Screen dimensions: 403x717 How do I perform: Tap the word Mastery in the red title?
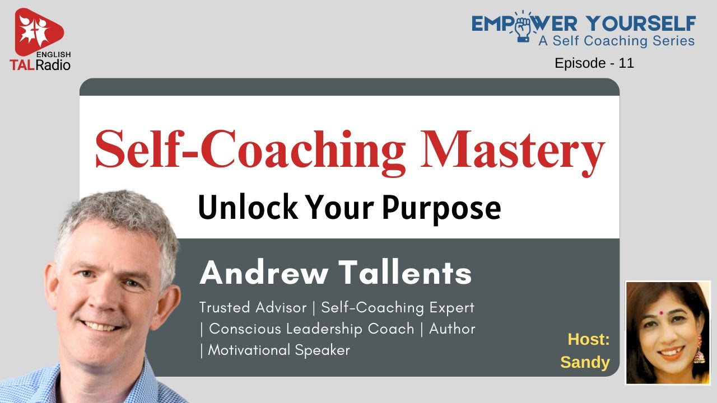coord(514,148)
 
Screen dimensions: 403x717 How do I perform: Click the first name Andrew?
coord(264,273)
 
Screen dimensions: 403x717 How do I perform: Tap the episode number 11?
coord(626,63)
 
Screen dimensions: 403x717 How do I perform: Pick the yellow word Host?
coord(588,339)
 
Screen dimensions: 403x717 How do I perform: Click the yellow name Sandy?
coord(585,362)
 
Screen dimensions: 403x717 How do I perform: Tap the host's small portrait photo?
coord(667,332)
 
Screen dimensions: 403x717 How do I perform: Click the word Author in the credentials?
coord(452,329)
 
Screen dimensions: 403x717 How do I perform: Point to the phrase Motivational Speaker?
coord(279,350)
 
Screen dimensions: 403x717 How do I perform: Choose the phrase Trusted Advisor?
coord(253,307)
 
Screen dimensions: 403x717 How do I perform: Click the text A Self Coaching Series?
coord(616,41)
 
